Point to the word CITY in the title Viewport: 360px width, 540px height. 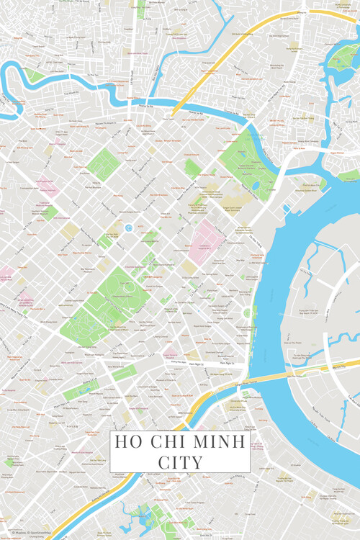coord(180,461)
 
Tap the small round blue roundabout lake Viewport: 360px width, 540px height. coord(128,228)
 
